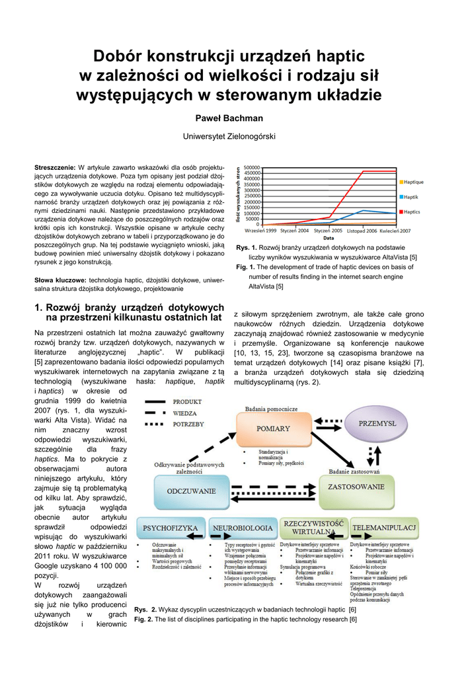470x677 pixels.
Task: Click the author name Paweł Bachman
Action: [228, 118]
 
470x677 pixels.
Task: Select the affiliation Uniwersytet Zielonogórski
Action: [228, 136]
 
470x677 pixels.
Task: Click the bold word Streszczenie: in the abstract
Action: [55, 167]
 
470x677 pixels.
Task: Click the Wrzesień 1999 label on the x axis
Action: [260, 231]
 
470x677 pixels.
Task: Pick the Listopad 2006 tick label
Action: [362, 231]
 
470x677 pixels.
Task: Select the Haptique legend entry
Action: [413, 182]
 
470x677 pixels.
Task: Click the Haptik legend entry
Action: [411, 197]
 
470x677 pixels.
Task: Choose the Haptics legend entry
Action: [411, 212]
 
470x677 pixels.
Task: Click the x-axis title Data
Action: [328, 237]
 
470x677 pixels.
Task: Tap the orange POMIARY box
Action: [273, 429]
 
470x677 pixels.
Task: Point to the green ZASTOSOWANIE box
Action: [356, 487]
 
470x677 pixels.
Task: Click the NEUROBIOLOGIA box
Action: [243, 528]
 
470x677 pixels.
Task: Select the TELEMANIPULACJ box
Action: [384, 528]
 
